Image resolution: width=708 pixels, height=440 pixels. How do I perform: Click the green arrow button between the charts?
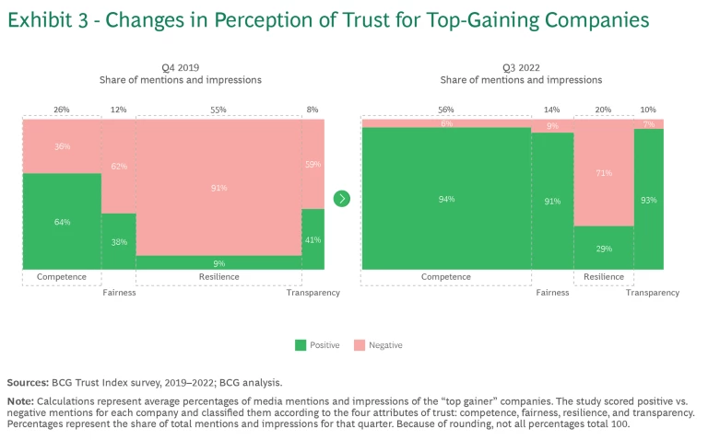342,199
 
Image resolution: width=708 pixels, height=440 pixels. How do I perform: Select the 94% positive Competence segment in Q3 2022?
446,199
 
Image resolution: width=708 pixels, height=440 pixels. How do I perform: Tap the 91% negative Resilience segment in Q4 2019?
218,188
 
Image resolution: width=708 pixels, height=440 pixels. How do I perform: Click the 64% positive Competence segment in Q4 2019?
62,221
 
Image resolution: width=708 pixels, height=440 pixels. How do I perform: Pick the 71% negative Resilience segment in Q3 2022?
604,173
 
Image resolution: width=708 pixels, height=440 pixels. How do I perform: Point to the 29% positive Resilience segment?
604,249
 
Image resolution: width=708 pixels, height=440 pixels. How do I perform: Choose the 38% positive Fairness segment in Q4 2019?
118,242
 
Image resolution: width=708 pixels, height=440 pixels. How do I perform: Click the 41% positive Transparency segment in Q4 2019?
313,239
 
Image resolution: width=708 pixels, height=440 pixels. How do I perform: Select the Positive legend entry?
318,345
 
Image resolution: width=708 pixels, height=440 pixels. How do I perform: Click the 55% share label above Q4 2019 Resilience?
218,110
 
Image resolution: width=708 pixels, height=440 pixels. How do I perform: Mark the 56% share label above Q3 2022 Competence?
446,110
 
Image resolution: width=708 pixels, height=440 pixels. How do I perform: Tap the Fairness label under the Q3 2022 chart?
552,293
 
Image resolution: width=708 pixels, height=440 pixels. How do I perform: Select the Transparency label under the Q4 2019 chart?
313,293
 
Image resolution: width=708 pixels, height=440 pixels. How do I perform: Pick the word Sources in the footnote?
29,381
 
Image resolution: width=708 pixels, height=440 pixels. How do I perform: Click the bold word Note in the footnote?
19,401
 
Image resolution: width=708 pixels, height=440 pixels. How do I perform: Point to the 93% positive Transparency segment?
649,199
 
